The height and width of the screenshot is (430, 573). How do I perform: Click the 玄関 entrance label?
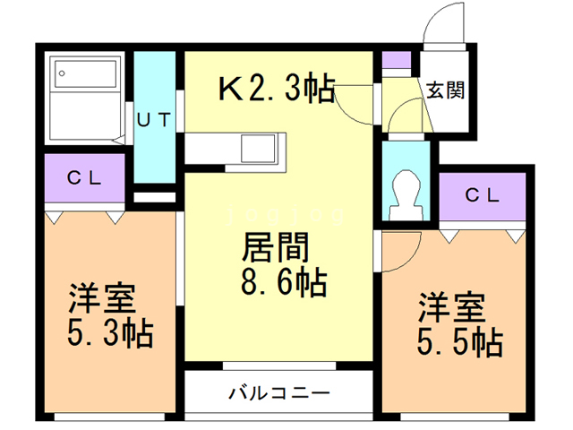pyautogui.click(x=444, y=90)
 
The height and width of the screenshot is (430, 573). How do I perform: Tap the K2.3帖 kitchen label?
pyautogui.click(x=277, y=88)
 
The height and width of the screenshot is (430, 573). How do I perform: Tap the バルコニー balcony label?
pyautogui.click(x=278, y=392)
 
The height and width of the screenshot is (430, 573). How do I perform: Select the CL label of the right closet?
pyautogui.click(x=482, y=193)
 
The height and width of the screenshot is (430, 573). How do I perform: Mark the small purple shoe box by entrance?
pyautogui.click(x=396, y=62)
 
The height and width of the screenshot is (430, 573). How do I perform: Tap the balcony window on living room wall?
pyautogui.click(x=278, y=365)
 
